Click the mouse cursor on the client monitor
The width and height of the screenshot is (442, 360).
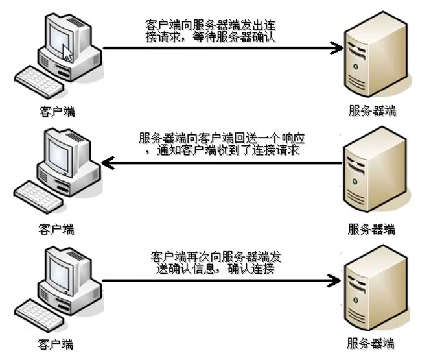coord(67,53)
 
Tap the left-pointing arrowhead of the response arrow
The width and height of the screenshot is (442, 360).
coord(108,163)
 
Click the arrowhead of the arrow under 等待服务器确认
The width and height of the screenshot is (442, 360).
coord(337,48)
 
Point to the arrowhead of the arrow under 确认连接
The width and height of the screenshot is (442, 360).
coord(334,280)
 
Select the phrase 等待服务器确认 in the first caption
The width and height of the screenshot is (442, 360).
coord(234,37)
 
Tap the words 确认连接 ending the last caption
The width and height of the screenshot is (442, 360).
coord(251,269)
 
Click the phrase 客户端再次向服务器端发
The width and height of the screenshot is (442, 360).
coord(216,257)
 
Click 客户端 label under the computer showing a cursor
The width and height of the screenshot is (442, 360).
coord(57,112)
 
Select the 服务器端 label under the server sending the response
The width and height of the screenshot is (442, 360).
coord(371,229)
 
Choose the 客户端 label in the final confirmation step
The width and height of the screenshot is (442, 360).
coord(56,344)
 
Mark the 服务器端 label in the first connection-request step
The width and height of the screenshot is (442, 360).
coord(372,111)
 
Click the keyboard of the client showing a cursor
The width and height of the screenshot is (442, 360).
coord(40,82)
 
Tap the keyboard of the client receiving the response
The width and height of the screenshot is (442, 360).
coord(39,197)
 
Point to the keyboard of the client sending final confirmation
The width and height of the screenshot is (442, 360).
coord(40,316)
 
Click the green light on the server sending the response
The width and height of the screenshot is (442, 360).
coord(355,182)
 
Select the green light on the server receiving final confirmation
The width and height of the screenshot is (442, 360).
coord(356,300)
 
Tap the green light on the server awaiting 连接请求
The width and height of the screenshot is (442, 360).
coord(356,67)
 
